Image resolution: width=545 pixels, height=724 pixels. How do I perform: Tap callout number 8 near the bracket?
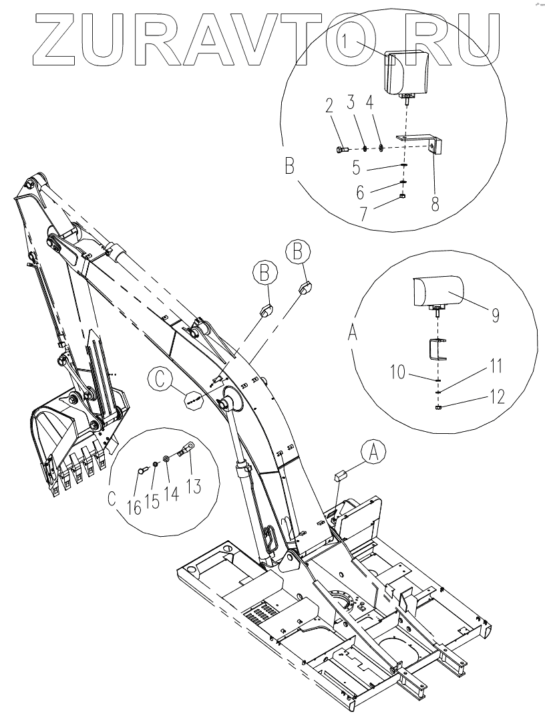pyautogui.click(x=435, y=203)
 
